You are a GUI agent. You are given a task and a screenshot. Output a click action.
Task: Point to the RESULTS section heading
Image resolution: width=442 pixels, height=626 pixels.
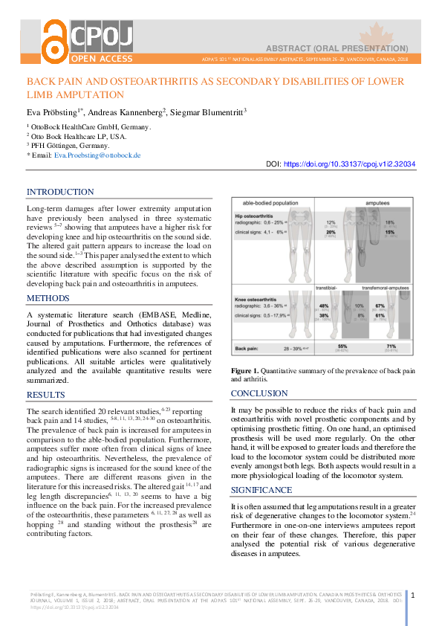click(46, 395)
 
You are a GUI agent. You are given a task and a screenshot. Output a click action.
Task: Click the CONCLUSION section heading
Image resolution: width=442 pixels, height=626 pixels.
click(260, 393)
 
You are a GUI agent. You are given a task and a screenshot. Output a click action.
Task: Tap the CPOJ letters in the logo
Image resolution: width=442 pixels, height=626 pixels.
click(103, 35)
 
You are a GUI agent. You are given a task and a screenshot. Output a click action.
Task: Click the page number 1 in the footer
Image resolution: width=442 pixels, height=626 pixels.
click(413, 595)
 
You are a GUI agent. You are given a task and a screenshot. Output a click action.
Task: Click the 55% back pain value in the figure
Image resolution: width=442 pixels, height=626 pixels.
click(342, 346)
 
